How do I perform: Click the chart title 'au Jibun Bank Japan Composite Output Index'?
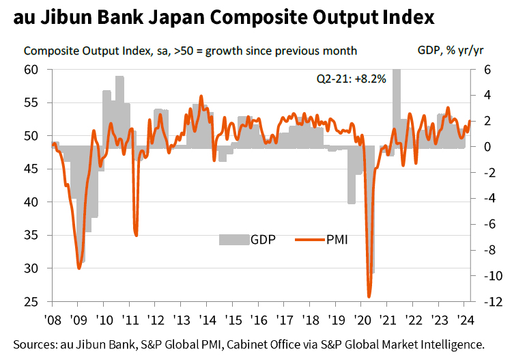(x=223, y=17)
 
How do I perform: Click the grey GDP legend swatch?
(x=233, y=239)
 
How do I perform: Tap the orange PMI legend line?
(x=310, y=239)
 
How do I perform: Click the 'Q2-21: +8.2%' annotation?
(x=351, y=79)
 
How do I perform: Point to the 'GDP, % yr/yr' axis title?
(x=451, y=51)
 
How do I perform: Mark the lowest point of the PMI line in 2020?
(x=369, y=296)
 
